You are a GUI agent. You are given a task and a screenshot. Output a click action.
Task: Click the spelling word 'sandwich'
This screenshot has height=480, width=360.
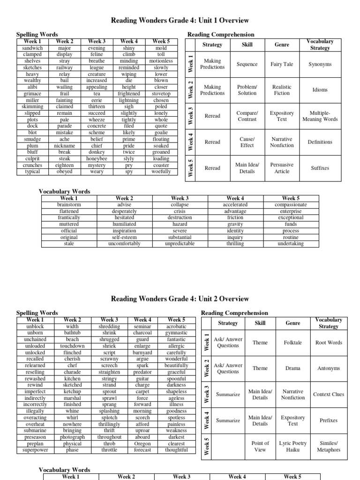click(x=32, y=48)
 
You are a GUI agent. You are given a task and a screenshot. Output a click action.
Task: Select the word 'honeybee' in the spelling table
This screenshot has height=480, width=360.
click(x=97, y=159)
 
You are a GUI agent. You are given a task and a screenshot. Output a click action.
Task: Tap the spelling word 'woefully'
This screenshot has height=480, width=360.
click(x=161, y=172)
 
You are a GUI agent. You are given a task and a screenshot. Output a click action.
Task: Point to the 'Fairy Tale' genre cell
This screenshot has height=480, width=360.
click(x=282, y=64)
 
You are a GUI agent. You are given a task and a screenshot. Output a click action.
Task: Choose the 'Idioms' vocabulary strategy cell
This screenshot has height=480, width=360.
click(x=320, y=90)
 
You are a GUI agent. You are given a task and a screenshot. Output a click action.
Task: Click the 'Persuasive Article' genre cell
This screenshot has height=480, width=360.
click(x=282, y=168)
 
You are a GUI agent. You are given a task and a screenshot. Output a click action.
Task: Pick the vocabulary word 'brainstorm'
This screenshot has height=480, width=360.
click(x=68, y=205)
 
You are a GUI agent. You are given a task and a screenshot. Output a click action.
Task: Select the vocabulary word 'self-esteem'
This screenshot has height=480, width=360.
click(x=124, y=237)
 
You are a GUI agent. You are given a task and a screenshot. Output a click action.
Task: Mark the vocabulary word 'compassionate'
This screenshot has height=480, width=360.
click(x=291, y=205)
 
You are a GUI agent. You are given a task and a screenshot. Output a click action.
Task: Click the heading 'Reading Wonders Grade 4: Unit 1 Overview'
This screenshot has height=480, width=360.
click(x=180, y=21)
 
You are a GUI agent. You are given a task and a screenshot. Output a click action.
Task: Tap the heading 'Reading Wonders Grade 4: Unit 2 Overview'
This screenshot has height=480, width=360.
click(x=180, y=299)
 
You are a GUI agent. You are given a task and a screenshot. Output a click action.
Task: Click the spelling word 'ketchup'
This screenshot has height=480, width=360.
click(x=73, y=391)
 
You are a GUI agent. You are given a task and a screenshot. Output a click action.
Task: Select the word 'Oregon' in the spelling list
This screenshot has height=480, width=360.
click(x=142, y=443)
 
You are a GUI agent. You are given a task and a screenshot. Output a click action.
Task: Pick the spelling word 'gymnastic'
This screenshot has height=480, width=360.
click(x=176, y=333)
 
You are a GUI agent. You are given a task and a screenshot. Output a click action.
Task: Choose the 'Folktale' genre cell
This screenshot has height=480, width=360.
click(x=292, y=343)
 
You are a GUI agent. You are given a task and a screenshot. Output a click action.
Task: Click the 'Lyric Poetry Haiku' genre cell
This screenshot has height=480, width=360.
click(x=292, y=446)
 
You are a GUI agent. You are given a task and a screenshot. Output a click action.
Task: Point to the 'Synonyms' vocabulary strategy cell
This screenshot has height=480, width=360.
click(x=320, y=64)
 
